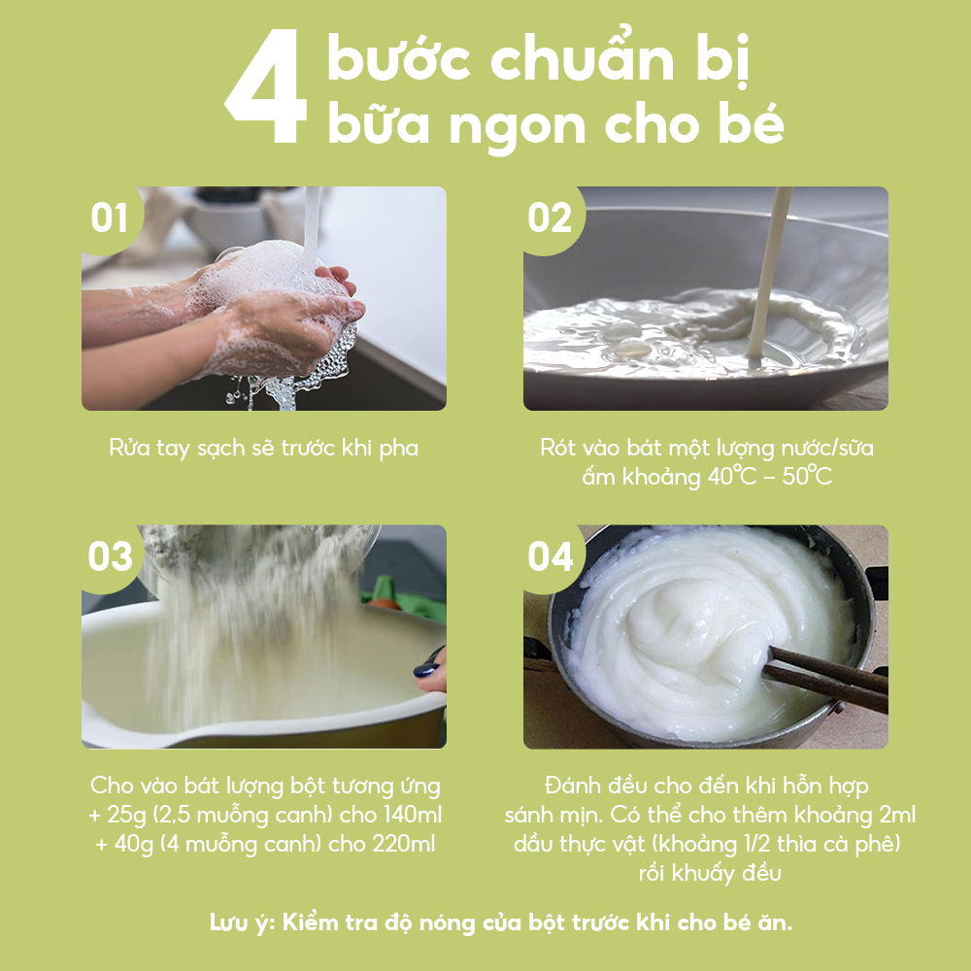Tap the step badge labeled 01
pyautogui.click(x=110, y=218)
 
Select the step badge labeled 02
pyautogui.click(x=551, y=218)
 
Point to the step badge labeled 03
pyautogui.click(x=110, y=557)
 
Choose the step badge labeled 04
pyautogui.click(x=551, y=557)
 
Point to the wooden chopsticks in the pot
pyautogui.click(x=825, y=675)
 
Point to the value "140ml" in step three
pyautogui.click(x=411, y=814)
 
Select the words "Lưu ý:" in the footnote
pyautogui.click(x=242, y=922)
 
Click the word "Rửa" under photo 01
pyautogui.click(x=127, y=448)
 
